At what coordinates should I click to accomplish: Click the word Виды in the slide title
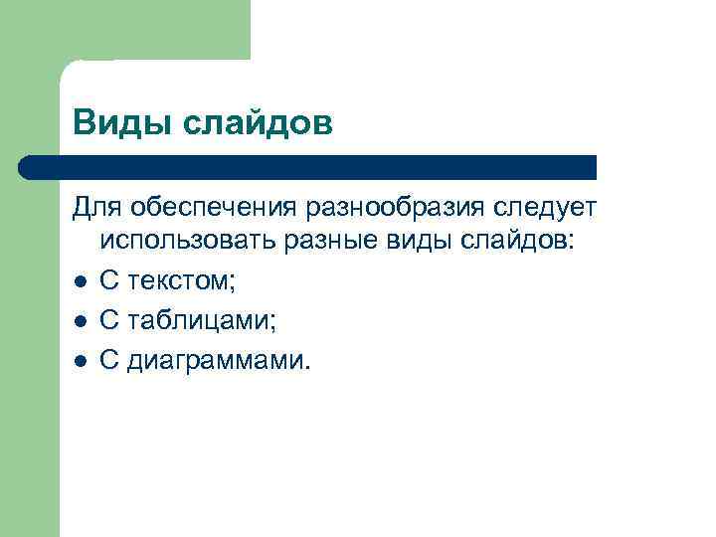tap(112, 124)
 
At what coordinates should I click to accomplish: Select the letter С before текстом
tap(108, 282)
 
